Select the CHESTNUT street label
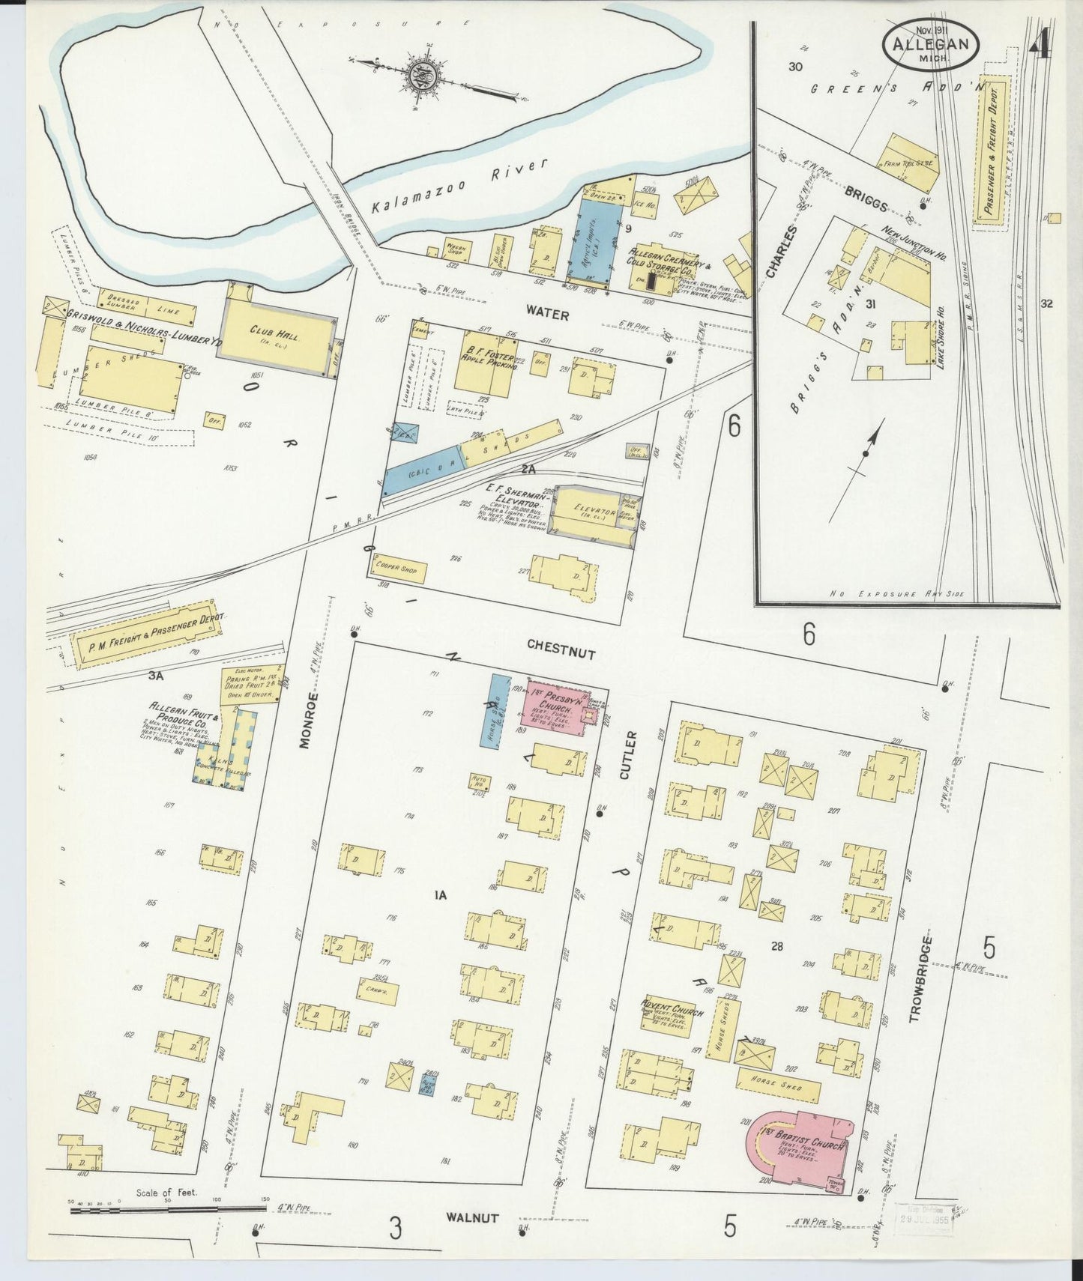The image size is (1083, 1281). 561,649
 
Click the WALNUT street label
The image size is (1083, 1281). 471,1217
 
